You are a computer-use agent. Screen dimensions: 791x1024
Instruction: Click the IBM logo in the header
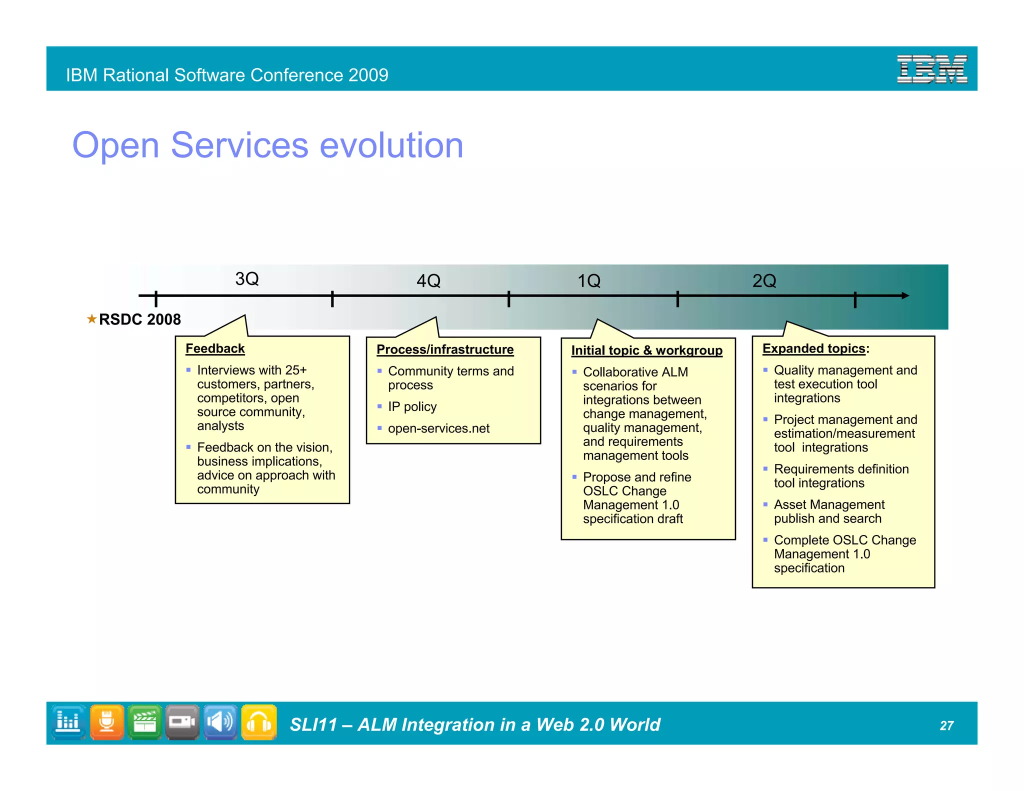coord(931,69)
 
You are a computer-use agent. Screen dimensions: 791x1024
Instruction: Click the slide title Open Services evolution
coord(267,145)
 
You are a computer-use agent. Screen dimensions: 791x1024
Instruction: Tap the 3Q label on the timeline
coord(247,279)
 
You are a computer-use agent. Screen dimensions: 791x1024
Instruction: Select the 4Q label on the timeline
coord(428,281)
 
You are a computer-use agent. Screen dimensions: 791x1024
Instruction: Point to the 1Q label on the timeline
coord(589,281)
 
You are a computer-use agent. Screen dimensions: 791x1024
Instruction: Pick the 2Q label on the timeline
coord(764,281)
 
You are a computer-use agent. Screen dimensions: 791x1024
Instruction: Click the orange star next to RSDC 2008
coord(91,318)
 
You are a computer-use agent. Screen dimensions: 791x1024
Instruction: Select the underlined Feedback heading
coord(215,348)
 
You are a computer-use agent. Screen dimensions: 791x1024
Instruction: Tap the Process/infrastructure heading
coord(445,349)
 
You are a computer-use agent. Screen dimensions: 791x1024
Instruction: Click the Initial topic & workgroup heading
coord(646,350)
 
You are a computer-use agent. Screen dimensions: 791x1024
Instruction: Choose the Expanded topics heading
coord(813,348)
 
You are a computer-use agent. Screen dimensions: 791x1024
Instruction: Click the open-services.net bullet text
coord(438,428)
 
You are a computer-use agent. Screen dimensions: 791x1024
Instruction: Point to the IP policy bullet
coord(412,407)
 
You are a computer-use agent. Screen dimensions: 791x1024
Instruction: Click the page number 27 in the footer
coord(946,725)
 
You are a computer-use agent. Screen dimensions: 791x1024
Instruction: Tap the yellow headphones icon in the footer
coord(259,722)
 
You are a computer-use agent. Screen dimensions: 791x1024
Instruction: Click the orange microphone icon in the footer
coord(107,722)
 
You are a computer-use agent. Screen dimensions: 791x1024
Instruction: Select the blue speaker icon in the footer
coord(220,722)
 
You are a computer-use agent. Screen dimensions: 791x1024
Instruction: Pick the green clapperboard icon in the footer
coord(145,722)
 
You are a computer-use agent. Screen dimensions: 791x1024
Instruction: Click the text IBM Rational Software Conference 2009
coord(227,75)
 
